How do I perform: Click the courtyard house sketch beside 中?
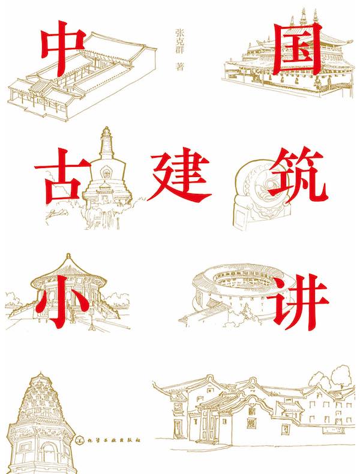coord(84,75)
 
